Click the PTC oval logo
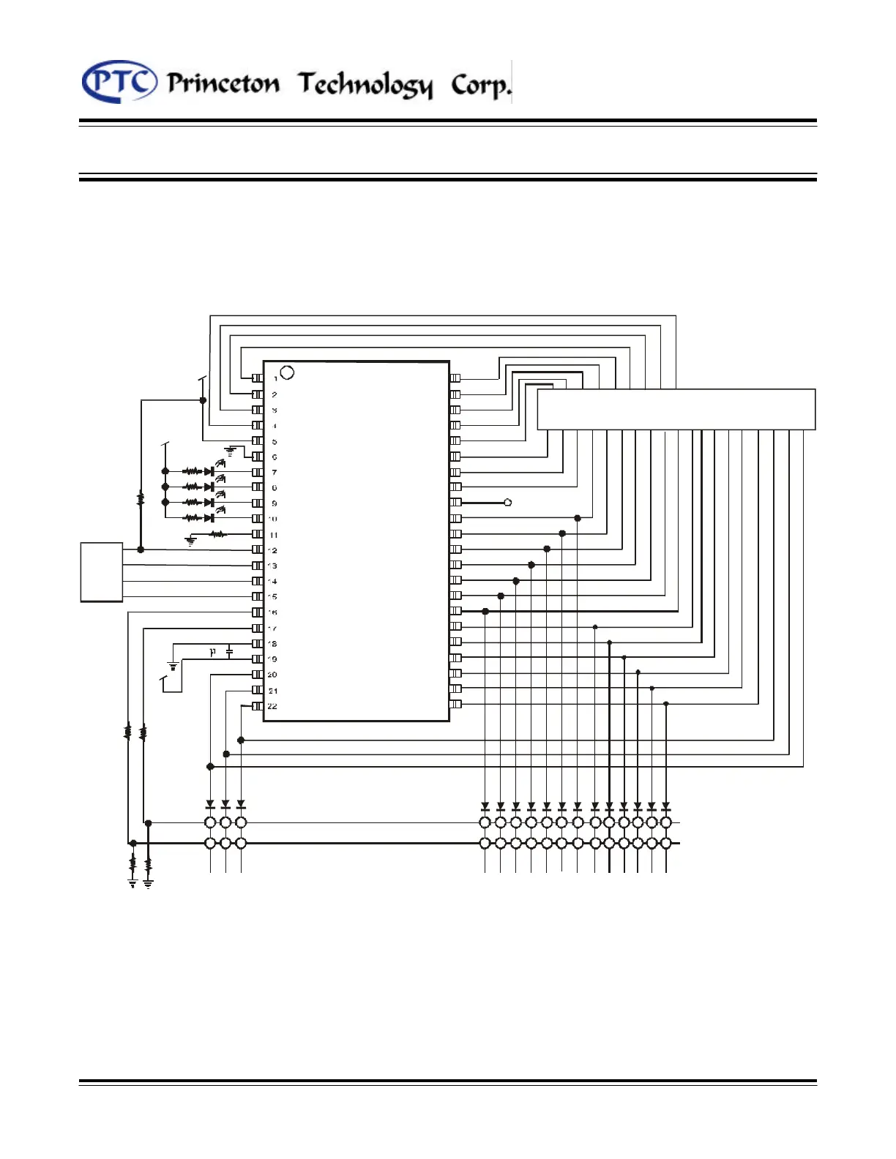pyautogui.click(x=119, y=82)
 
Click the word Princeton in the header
pyautogui.click(x=223, y=83)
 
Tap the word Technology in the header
pyautogui.click(x=365, y=85)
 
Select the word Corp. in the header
pyautogui.click(x=480, y=85)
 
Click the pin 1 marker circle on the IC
pyautogui.click(x=287, y=372)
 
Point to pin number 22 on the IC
pyautogui.click(x=272, y=706)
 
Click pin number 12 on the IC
pyautogui.click(x=273, y=550)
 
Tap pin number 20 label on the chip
pyautogui.click(x=272, y=675)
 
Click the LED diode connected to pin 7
pyautogui.click(x=209, y=472)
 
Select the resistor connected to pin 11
pyautogui.click(x=217, y=534)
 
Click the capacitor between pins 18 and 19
pyautogui.click(x=229, y=651)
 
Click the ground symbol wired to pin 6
pyautogui.click(x=231, y=451)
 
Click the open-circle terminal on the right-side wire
pyautogui.click(x=508, y=503)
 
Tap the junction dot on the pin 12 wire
pyautogui.click(x=141, y=550)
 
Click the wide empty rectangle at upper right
pyautogui.click(x=676, y=409)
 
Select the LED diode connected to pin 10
pyautogui.click(x=209, y=518)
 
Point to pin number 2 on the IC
pyautogui.click(x=275, y=394)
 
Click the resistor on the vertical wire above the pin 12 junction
pyautogui.click(x=141, y=499)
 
